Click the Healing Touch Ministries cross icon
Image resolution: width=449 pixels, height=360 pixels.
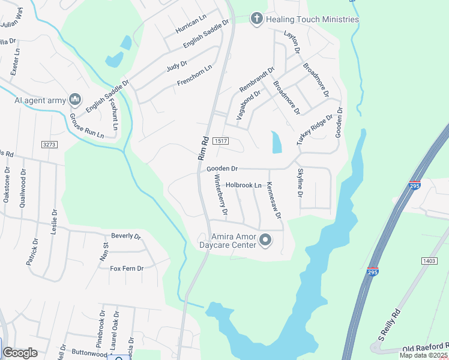tap(257, 19)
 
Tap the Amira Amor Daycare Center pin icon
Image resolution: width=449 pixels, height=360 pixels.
tap(266, 241)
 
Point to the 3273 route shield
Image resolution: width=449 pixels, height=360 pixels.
tap(49, 145)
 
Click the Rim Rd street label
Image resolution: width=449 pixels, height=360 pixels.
tap(203, 148)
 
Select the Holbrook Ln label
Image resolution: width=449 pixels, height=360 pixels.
tap(244, 185)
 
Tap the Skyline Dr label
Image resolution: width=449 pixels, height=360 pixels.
tap(300, 184)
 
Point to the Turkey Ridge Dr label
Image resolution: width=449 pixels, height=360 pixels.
tap(314, 130)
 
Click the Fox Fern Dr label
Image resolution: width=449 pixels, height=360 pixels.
tap(127, 268)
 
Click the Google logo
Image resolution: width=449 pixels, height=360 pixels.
tap(20, 352)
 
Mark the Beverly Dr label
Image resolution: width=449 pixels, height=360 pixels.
tap(125, 236)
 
